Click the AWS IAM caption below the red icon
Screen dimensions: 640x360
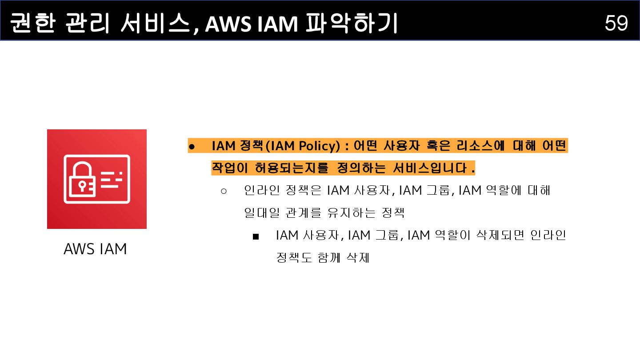(x=96, y=249)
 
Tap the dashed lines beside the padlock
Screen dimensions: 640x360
(x=111, y=180)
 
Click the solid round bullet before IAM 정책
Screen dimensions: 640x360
(x=192, y=146)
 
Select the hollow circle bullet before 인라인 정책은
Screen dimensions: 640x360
(x=224, y=191)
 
